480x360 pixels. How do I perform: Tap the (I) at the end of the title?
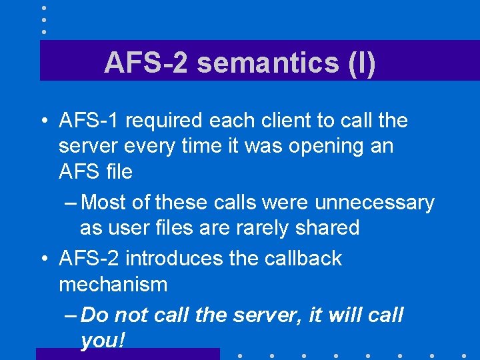pyautogui.click(x=361, y=63)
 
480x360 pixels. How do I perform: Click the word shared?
pyautogui.click(x=329, y=227)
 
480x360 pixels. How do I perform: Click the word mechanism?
pyautogui.click(x=113, y=285)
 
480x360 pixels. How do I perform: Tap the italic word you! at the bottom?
pyautogui.click(x=102, y=341)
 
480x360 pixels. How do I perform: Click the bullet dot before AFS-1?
pyautogui.click(x=42, y=121)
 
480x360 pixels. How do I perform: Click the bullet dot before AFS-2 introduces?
pyautogui.click(x=42, y=259)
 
